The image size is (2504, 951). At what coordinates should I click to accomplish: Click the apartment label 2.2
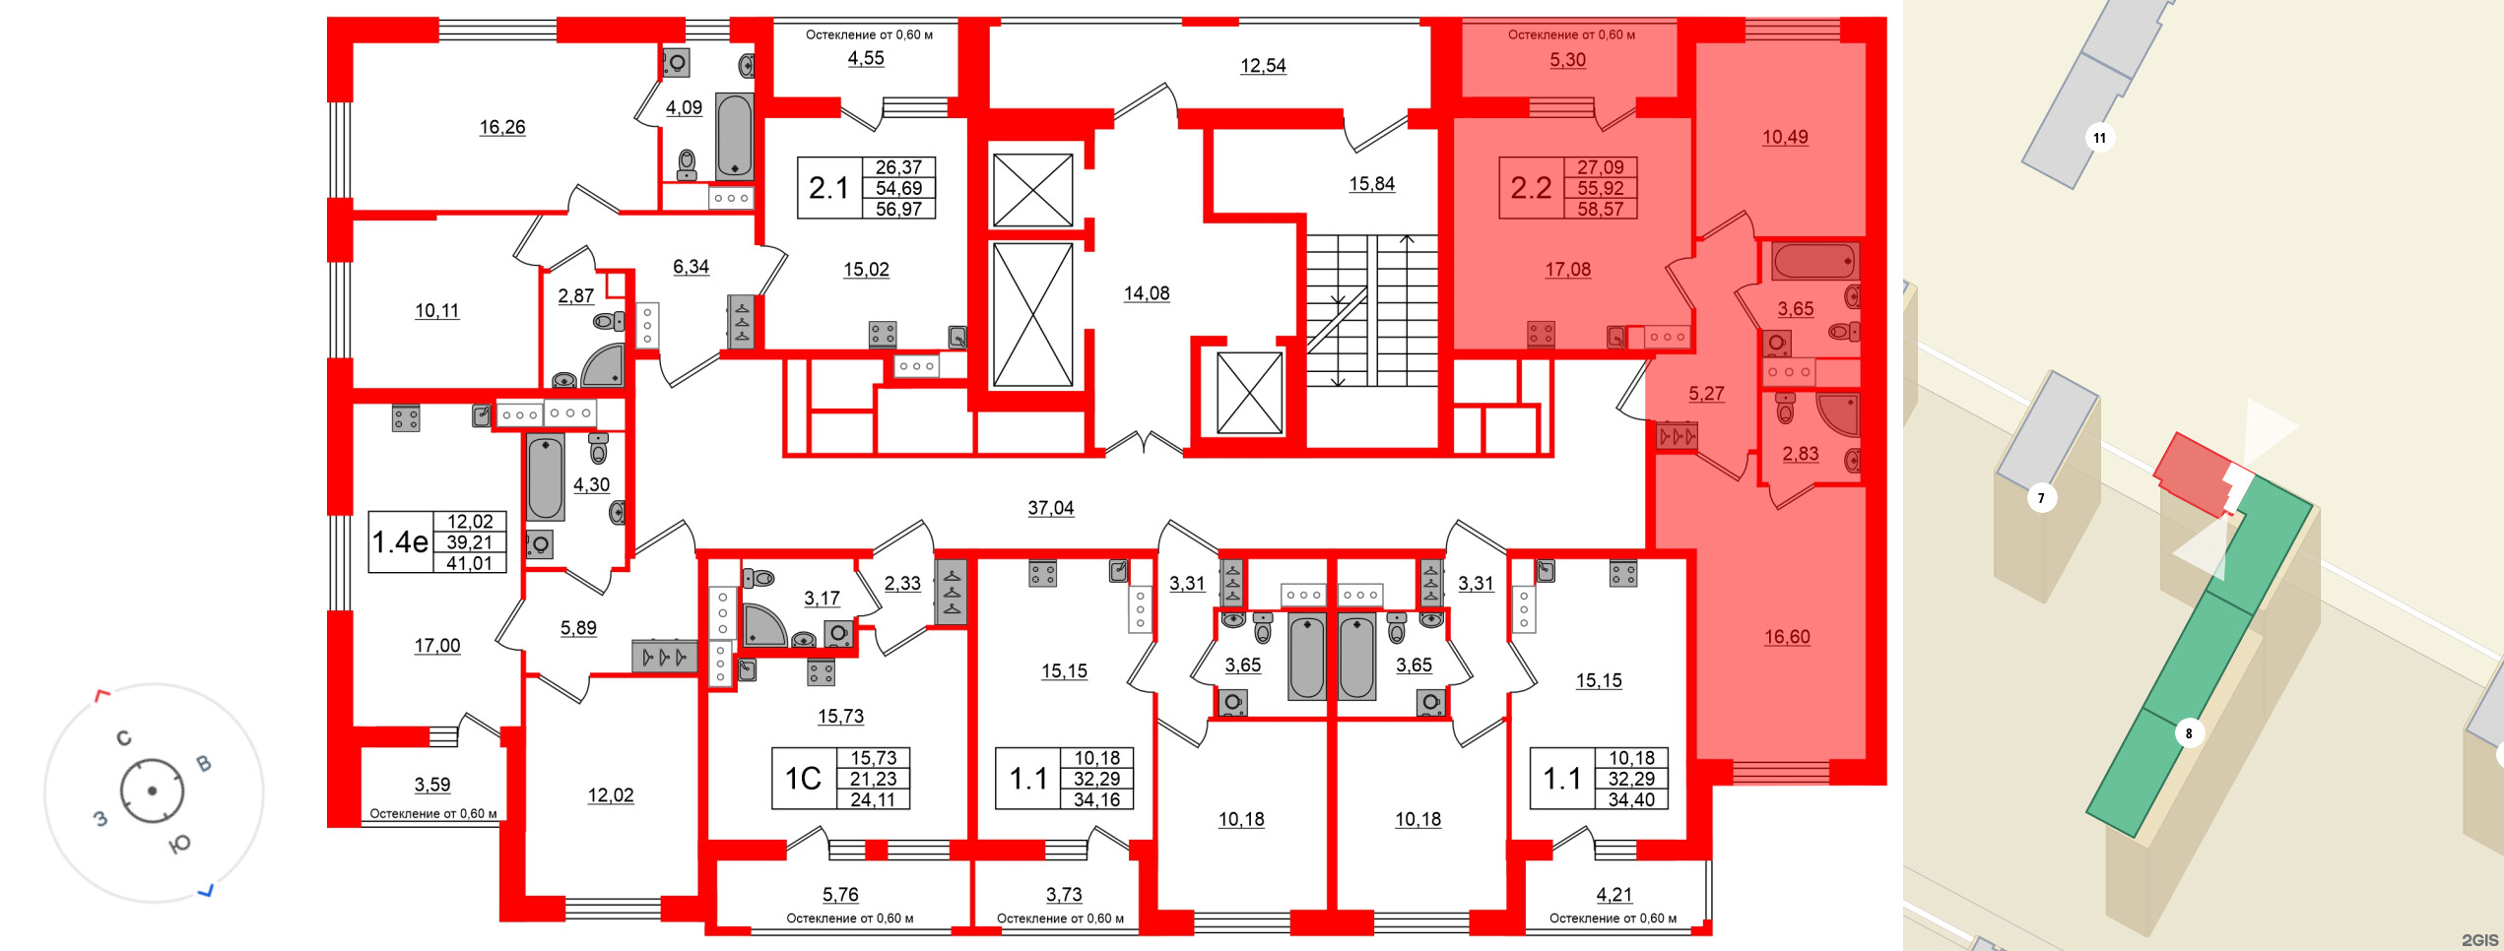tap(1531, 188)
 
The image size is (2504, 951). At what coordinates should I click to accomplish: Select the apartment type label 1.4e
tap(400, 541)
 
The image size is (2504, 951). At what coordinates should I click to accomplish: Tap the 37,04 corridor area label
tap(1050, 508)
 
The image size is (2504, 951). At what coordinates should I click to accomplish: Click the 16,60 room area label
tap(1786, 637)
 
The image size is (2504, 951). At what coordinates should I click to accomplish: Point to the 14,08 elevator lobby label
tap(1146, 293)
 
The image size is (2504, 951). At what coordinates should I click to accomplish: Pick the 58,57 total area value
tap(1600, 209)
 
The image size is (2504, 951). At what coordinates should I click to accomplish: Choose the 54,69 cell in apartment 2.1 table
tap(898, 188)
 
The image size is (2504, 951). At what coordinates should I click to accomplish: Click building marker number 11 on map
tap(2099, 138)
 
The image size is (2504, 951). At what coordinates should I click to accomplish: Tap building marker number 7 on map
tap(2041, 498)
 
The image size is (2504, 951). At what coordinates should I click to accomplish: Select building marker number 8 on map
tap(2189, 733)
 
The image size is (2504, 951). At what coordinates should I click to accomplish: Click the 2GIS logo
tap(2478, 940)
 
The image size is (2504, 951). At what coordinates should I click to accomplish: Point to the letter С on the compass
tap(124, 738)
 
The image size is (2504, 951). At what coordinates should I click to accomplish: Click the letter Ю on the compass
tap(180, 845)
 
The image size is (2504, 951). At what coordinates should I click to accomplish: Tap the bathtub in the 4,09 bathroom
tap(734, 136)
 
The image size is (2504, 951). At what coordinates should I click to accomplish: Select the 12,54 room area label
tap(1262, 66)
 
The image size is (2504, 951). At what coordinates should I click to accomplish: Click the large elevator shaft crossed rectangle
tap(1032, 315)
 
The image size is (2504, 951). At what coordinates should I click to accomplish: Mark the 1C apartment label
tap(802, 779)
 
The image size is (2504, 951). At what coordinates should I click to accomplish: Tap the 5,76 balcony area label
tap(839, 895)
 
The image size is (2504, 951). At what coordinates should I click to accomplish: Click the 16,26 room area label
tap(501, 127)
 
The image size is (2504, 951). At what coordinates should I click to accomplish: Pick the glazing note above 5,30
tap(1570, 34)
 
